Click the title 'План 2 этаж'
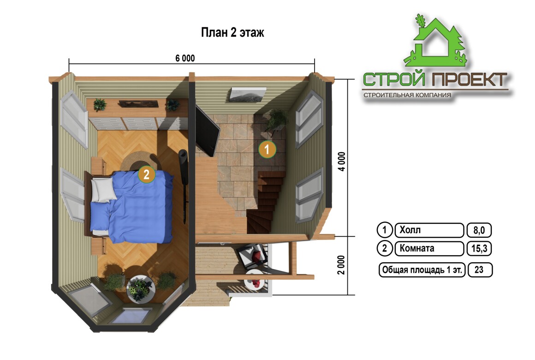(232, 32)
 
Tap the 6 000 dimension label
(185, 58)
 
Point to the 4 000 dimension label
(342, 162)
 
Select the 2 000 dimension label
(341, 265)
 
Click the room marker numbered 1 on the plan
(267, 149)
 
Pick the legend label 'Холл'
(410, 230)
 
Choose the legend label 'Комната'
(416, 248)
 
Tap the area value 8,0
(479, 230)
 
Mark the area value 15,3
(479, 248)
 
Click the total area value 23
(479, 270)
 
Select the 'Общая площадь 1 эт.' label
(422, 270)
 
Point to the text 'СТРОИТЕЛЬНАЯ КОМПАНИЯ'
(407, 95)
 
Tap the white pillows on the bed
(103, 190)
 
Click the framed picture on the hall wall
(247, 95)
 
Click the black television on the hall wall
(207, 131)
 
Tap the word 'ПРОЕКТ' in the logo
(470, 79)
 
